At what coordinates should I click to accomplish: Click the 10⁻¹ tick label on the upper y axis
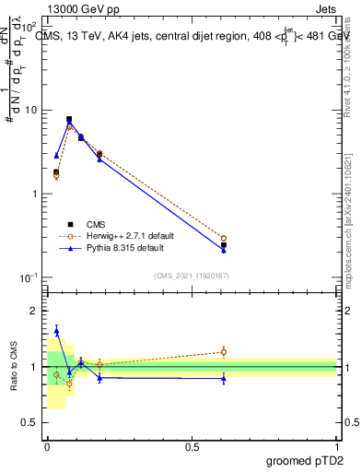[29, 277]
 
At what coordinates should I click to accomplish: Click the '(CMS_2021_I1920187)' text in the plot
[191, 275]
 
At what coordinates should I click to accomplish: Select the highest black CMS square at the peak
[69, 119]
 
